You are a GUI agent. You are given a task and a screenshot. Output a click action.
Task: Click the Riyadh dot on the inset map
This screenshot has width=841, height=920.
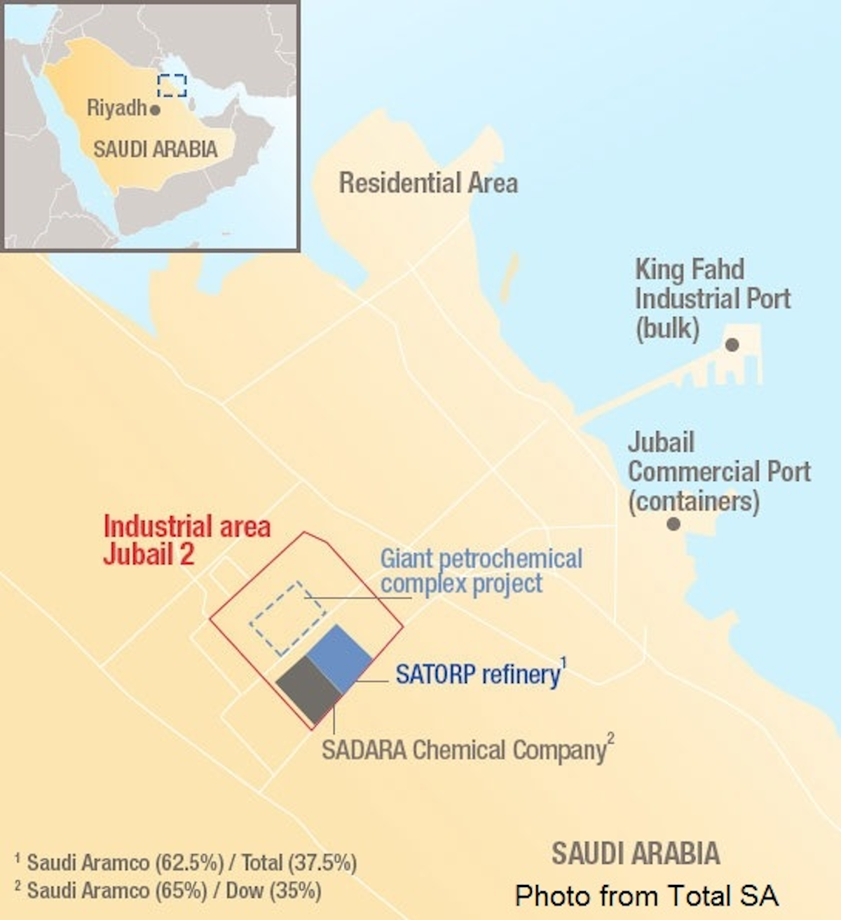pos(156,110)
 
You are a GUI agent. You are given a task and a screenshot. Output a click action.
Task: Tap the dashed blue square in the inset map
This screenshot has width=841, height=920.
pos(172,86)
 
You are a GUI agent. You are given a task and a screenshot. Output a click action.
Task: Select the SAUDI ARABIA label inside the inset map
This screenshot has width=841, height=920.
pos(155,149)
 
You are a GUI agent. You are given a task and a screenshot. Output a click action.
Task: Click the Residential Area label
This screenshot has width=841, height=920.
pos(428,183)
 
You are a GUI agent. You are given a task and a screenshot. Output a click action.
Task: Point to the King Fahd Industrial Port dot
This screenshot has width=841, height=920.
pos(732,344)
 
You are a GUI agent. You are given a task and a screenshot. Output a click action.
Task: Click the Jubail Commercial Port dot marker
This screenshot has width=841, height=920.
pos(674,524)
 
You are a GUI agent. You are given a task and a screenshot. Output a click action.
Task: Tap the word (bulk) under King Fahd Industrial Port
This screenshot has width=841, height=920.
pos(667,328)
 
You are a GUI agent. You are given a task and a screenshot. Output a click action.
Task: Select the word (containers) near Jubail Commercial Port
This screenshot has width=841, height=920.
pos(693,501)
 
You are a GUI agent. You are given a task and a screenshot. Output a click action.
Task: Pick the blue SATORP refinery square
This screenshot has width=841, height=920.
pos(339,658)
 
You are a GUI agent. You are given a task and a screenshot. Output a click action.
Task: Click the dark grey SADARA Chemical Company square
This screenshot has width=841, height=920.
pos(308,689)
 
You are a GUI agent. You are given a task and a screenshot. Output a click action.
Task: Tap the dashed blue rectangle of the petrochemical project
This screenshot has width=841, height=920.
pos(288,618)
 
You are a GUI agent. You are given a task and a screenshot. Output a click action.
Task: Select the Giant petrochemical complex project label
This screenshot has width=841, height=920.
pos(481,571)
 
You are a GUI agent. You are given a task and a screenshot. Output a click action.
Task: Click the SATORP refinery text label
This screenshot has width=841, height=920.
pos(478,675)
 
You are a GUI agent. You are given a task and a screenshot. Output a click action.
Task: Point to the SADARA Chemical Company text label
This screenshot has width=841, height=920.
pos(464,750)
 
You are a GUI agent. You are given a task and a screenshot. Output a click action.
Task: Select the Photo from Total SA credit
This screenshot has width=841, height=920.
pos(646,895)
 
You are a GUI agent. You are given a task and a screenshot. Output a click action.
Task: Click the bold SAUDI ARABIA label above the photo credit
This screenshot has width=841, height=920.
pos(636,853)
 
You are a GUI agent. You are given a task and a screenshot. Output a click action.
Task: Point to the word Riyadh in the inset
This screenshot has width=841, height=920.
pos(116,108)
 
